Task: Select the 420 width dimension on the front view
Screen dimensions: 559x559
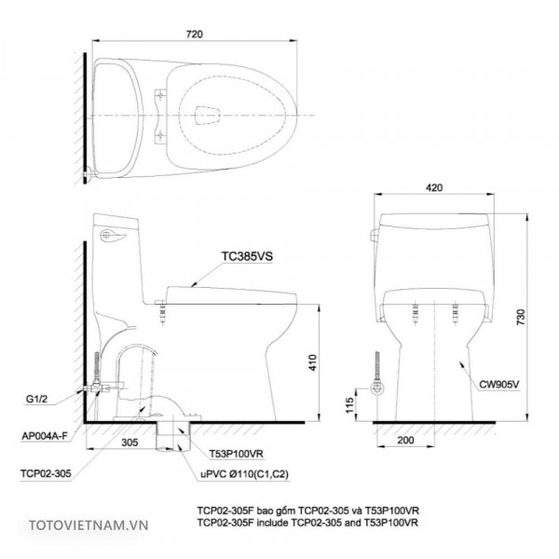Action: [x=433, y=186]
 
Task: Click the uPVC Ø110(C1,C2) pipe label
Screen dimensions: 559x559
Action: [x=245, y=474]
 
